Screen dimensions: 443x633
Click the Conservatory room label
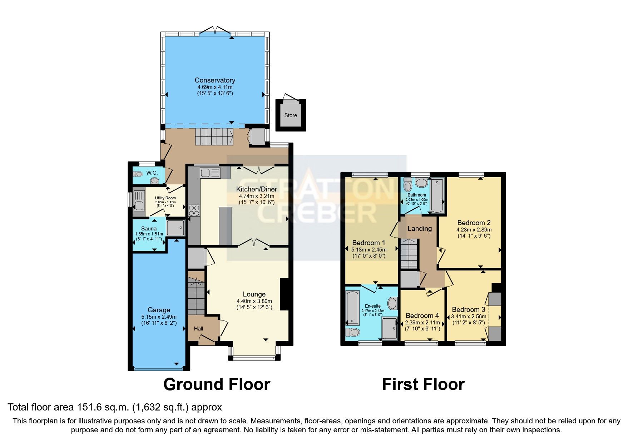(215, 80)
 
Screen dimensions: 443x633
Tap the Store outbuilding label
(291, 115)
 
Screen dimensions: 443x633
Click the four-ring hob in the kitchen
(194, 210)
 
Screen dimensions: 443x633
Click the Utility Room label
(165, 198)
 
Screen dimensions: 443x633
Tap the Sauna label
(149, 229)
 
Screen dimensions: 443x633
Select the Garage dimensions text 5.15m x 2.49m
(159, 317)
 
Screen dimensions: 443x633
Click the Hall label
(198, 329)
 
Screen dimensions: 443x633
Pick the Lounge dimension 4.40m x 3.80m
(254, 301)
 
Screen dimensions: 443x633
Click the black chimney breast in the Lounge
(285, 294)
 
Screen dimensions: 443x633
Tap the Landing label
(420, 229)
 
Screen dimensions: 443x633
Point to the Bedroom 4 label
(422, 316)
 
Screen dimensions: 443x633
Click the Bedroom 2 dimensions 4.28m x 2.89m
(474, 230)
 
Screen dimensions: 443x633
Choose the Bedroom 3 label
(468, 310)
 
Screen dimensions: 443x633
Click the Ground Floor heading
(217, 385)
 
